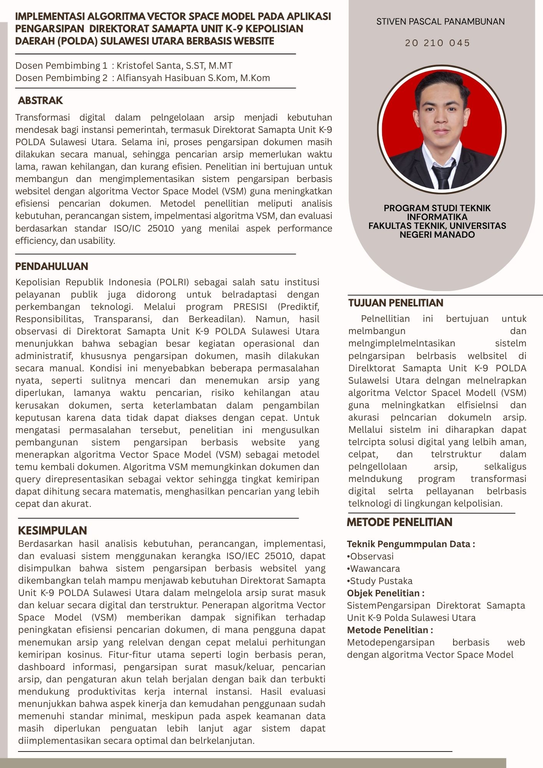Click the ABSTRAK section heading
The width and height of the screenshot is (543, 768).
click(40, 101)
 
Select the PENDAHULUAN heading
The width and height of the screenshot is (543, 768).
click(51, 266)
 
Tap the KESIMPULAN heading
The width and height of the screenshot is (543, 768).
click(52, 530)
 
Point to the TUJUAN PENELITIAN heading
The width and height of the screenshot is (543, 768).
click(396, 303)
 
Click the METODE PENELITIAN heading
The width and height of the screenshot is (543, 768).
click(399, 522)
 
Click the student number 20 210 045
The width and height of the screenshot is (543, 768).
click(437, 43)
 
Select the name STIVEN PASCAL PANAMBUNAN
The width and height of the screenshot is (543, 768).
click(440, 22)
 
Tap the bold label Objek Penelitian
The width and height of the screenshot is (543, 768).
click(385, 593)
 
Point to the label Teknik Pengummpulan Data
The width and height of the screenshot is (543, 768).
click(411, 544)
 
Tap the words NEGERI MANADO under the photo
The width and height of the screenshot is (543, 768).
click(437, 234)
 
